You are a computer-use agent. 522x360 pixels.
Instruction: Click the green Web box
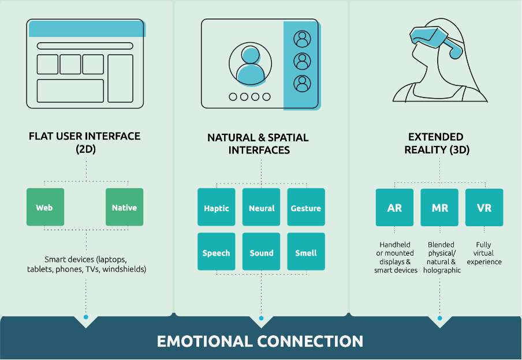(x=45, y=207)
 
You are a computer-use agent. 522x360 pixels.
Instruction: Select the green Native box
(x=124, y=207)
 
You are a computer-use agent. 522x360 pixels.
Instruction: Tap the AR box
(x=394, y=207)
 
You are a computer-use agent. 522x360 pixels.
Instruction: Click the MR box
(x=439, y=207)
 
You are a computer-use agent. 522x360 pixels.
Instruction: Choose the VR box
(x=484, y=207)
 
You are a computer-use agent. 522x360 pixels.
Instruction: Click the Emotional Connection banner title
(x=260, y=340)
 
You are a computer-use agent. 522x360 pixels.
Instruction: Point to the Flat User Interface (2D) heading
(x=85, y=142)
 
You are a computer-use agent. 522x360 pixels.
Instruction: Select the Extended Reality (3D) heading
(x=436, y=143)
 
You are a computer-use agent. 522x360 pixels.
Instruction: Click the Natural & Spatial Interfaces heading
(x=259, y=144)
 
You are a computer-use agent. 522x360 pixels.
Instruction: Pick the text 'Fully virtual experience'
(x=484, y=253)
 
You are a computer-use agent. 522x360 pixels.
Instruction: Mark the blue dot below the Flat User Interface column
(x=86, y=317)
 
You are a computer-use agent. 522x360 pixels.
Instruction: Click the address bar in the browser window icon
(x=85, y=46)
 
